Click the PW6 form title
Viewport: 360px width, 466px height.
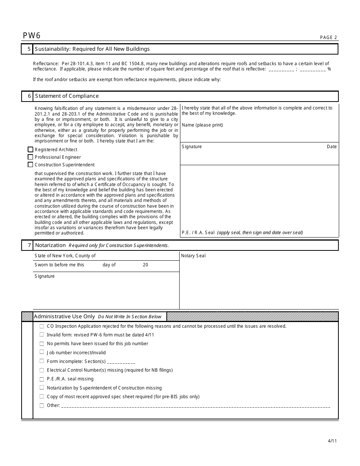[x=31, y=36]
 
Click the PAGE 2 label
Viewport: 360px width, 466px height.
[x=328, y=38]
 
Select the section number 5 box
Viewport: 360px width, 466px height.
[x=27, y=49]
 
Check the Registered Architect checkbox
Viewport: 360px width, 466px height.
[x=30, y=150]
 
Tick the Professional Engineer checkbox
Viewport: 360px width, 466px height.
[x=30, y=157]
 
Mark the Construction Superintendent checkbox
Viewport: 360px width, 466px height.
[x=30, y=165]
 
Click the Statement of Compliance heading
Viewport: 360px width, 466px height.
[x=67, y=96]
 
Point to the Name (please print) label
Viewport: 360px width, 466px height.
[x=202, y=125]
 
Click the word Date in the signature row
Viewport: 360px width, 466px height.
[x=332, y=147]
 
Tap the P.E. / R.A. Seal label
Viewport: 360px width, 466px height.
[x=198, y=233]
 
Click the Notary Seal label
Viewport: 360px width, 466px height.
[x=193, y=256]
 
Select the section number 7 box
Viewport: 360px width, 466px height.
[x=27, y=245]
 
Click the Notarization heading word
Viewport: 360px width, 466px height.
[x=50, y=245]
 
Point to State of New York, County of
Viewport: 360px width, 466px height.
[x=65, y=256]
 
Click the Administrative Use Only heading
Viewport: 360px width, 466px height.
[x=64, y=316]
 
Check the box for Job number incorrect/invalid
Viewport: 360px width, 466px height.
[x=42, y=352]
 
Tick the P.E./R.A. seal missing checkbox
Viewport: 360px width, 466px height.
[x=42, y=379]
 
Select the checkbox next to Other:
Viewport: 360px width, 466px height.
[x=42, y=405]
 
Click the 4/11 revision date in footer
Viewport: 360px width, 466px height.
[x=332, y=441]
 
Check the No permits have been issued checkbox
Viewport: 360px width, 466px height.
[x=42, y=344]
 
